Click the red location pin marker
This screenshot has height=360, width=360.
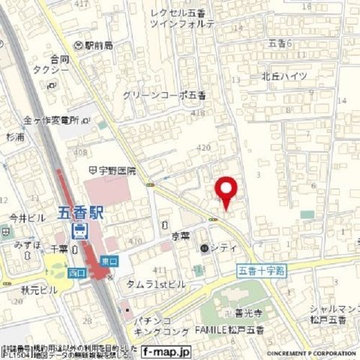226,189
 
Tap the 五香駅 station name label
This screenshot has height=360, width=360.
82,212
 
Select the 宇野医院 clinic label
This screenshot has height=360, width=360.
116,171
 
